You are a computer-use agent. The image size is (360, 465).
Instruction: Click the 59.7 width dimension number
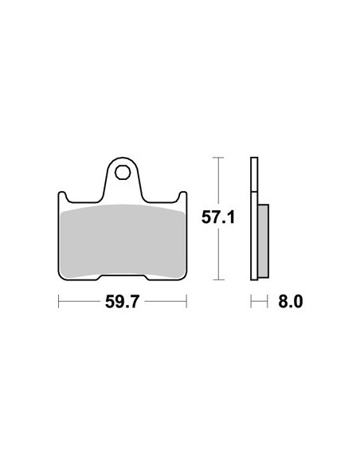(x=122, y=302)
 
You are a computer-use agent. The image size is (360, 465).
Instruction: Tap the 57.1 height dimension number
(x=218, y=217)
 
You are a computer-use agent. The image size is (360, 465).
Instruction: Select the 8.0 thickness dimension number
(x=291, y=302)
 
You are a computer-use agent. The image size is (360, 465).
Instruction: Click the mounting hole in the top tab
(x=123, y=172)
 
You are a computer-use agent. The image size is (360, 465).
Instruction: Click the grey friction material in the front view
(x=122, y=241)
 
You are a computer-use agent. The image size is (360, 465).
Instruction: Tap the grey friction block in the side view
(x=264, y=240)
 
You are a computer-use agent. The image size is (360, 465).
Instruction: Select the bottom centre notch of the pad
(x=123, y=277)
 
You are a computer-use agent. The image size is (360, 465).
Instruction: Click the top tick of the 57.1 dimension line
(x=218, y=158)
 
